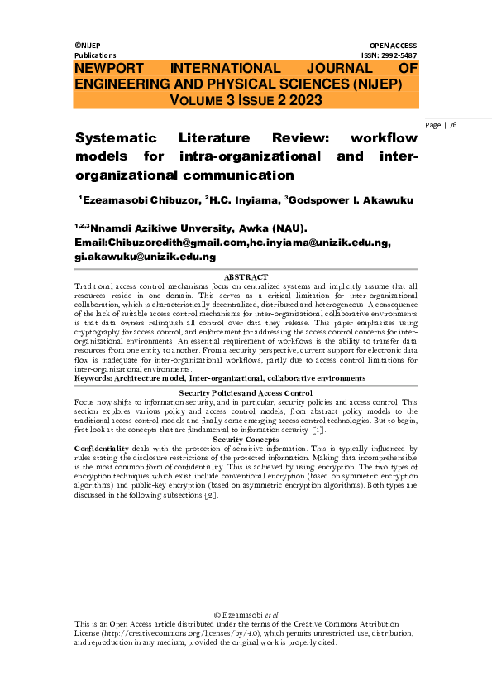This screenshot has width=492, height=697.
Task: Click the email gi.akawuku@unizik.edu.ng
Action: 146,257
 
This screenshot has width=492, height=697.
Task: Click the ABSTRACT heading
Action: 246,276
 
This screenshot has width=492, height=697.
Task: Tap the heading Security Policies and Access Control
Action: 246,392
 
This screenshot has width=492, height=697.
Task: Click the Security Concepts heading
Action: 246,439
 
